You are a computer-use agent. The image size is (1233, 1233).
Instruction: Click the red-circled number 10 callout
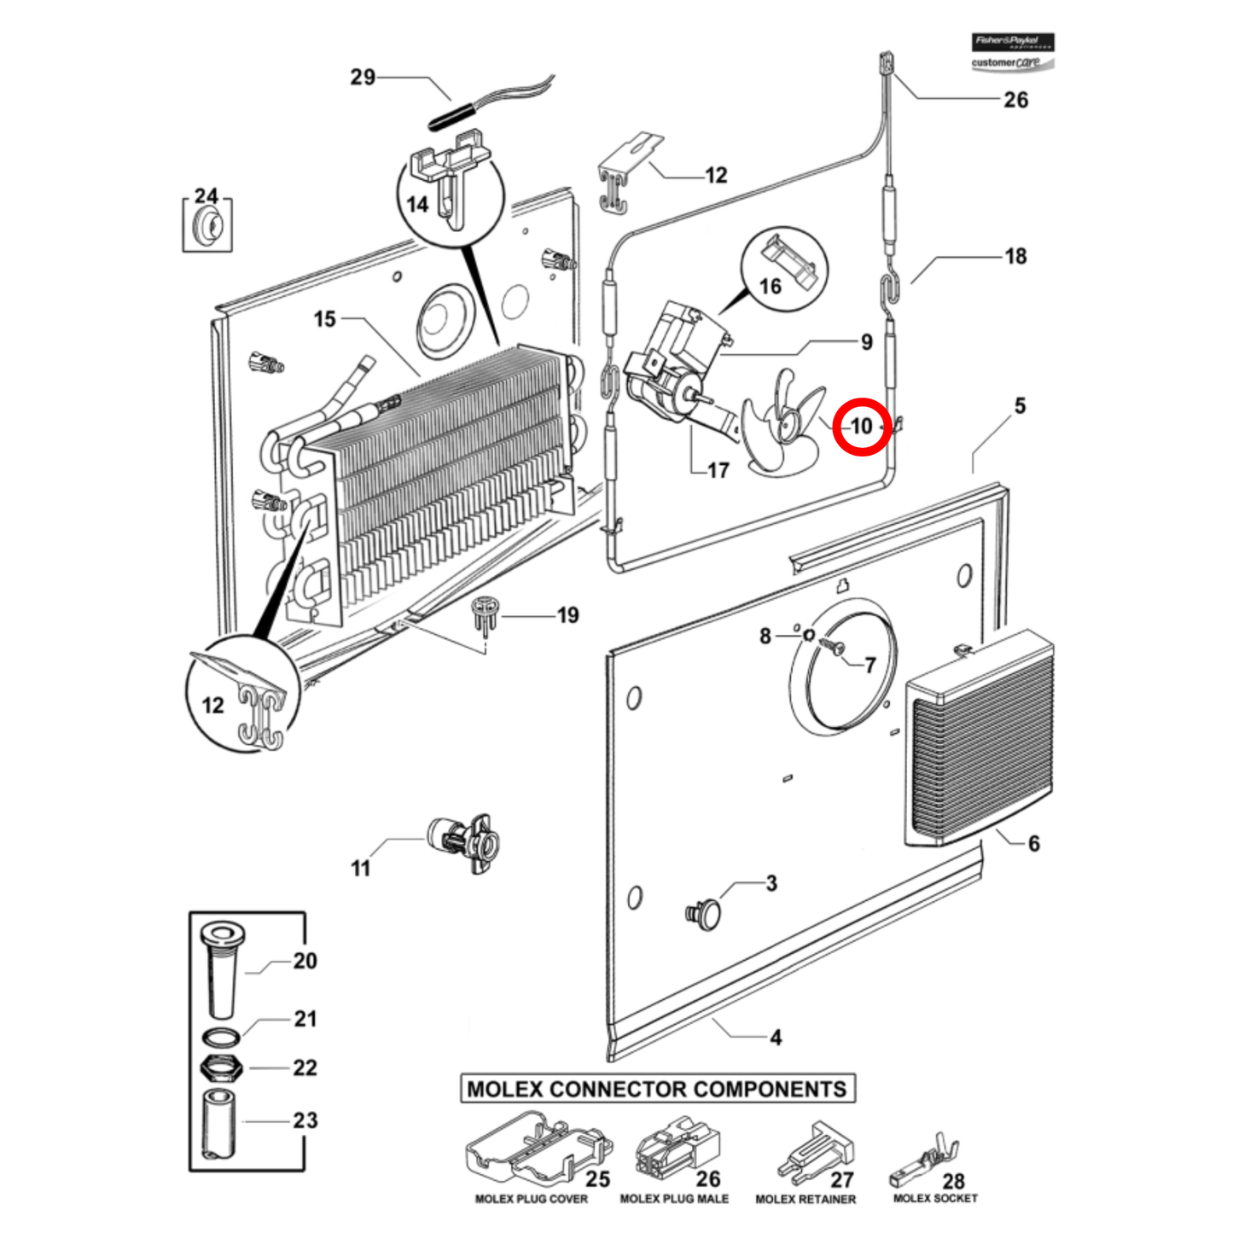pos(862,426)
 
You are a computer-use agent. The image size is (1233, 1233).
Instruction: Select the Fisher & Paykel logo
pos(1013,42)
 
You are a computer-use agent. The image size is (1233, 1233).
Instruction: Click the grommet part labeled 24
pos(207,228)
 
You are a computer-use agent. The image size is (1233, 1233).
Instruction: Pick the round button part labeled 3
pos(705,912)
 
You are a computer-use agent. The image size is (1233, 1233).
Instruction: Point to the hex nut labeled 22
pos(221,1067)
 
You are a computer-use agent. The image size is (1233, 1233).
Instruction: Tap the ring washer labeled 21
pos(221,1038)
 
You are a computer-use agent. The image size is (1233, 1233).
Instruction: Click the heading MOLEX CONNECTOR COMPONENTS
pos(657,1089)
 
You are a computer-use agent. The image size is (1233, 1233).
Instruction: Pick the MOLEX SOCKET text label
pos(935,1199)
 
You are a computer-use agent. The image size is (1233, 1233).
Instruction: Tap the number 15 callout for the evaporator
pos(324,319)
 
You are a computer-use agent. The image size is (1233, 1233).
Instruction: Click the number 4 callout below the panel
pos(775,1038)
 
